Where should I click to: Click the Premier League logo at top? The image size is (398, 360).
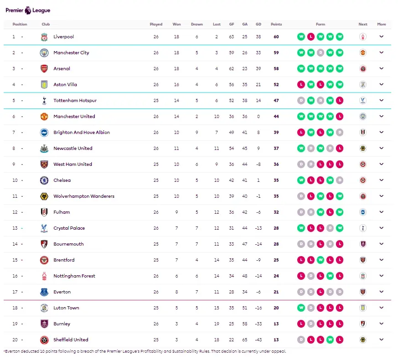click(x=28, y=10)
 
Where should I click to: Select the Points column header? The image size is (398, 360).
click(x=276, y=24)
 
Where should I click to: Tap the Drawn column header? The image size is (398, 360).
click(x=196, y=24)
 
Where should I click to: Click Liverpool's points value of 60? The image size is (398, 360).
click(x=276, y=37)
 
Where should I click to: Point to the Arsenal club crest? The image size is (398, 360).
click(x=44, y=68)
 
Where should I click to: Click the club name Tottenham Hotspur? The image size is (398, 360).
click(x=75, y=100)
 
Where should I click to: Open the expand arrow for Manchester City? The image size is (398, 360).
click(x=381, y=52)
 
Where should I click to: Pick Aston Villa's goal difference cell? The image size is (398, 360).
click(x=258, y=84)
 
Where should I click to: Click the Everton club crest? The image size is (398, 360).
click(x=44, y=292)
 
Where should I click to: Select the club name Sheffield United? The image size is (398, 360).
click(x=71, y=339)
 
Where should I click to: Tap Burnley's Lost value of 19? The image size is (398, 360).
click(x=217, y=324)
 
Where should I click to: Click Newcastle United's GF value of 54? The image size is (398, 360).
click(x=232, y=149)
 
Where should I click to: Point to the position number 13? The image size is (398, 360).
click(x=15, y=228)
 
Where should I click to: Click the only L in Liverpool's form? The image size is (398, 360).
click(x=310, y=37)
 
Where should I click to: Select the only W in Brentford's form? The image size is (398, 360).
click(x=320, y=260)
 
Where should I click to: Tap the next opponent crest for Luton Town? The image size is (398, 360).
click(x=363, y=308)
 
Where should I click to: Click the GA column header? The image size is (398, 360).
click(x=245, y=24)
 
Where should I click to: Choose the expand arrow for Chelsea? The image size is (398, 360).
click(x=381, y=180)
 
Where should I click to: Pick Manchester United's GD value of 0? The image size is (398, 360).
click(x=258, y=117)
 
